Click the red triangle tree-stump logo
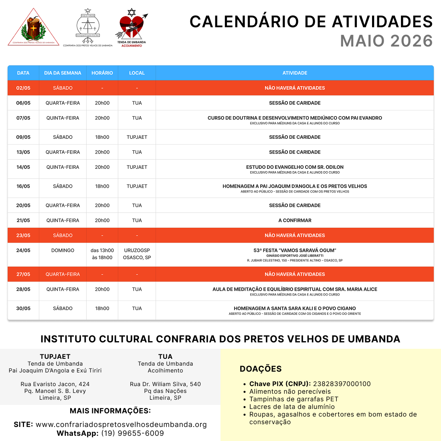click(34, 27)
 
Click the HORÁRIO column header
click(102, 73)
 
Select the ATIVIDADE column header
click(295, 73)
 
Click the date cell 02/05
click(23, 88)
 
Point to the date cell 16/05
click(23, 186)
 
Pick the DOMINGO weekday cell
click(63, 250)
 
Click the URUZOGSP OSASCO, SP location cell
click(137, 254)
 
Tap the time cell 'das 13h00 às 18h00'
click(102, 254)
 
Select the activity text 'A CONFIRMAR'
click(295, 220)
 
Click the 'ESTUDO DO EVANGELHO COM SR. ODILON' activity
click(295, 167)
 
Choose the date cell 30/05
click(23, 308)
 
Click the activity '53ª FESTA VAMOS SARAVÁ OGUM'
click(295, 250)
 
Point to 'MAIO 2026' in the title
click(386, 41)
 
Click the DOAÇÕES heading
click(261, 369)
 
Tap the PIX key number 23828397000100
click(342, 384)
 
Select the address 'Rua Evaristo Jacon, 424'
click(55, 384)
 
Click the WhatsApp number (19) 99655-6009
click(132, 433)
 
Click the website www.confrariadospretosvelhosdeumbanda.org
click(121, 424)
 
